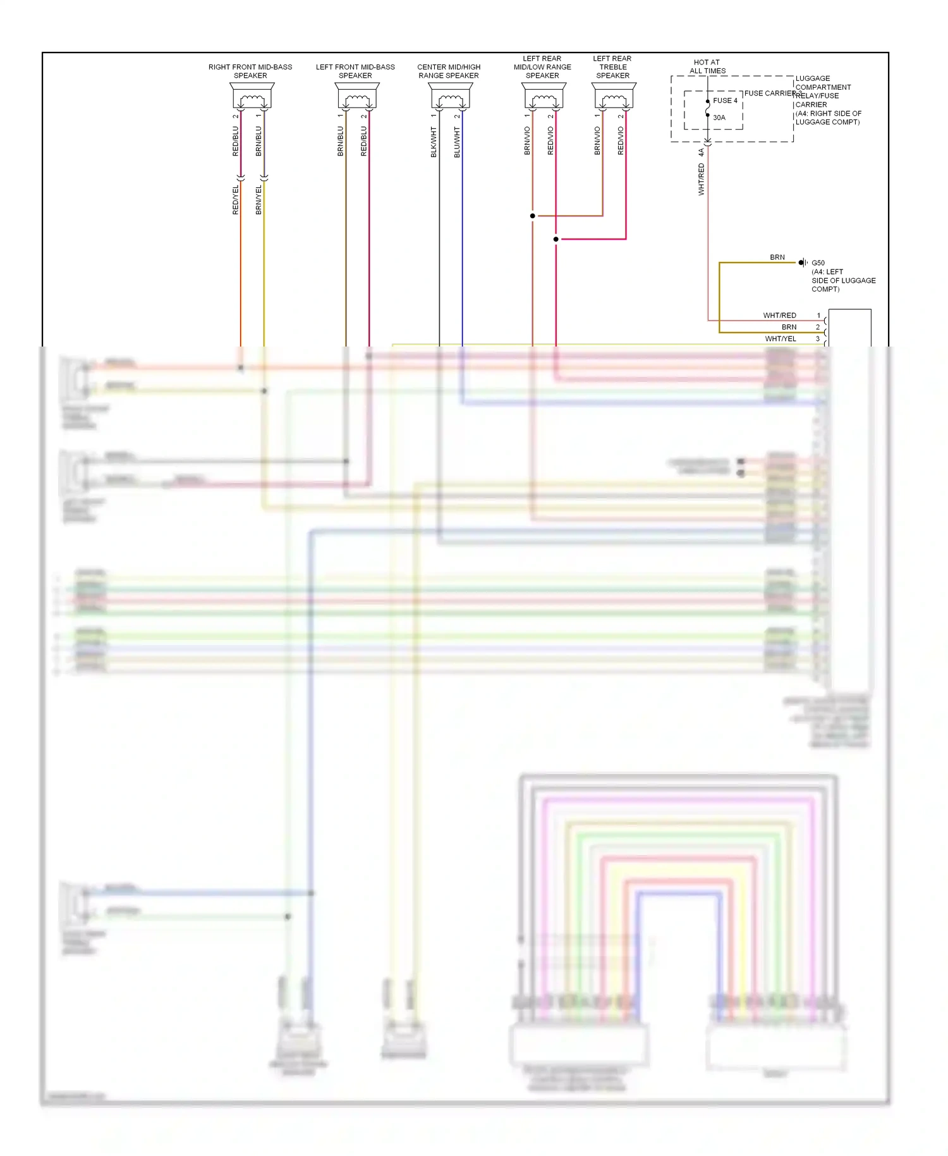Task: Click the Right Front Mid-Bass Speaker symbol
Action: coord(252,96)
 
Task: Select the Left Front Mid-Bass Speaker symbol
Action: coord(357,96)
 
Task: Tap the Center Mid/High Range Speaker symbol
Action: coord(451,96)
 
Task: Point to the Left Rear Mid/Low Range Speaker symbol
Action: coord(544,96)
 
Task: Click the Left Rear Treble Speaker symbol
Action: coord(614,96)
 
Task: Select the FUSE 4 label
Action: coord(725,101)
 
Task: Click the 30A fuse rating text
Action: coord(719,118)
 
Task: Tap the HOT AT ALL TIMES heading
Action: coord(707,66)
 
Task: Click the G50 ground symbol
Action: coord(803,262)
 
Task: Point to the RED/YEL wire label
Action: coord(236,200)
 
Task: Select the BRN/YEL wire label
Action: coord(258,200)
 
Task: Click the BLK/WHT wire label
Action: coord(434,142)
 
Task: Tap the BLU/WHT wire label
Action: coord(457,142)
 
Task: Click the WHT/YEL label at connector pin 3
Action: coord(781,339)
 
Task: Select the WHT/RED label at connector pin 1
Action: coord(779,316)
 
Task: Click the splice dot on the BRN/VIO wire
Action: coord(533,216)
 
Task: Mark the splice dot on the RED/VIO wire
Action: coord(556,239)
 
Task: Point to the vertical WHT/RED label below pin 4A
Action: coord(702,179)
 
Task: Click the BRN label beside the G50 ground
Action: coord(777,257)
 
